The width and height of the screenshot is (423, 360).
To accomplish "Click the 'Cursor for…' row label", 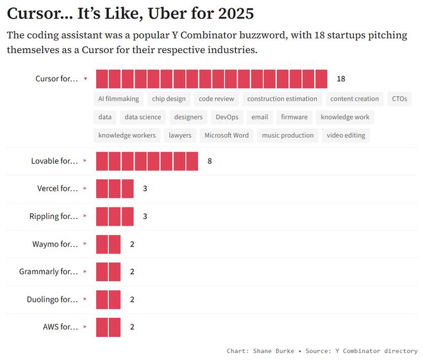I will tap(56, 79).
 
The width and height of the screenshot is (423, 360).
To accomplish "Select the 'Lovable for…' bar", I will tap(147, 161).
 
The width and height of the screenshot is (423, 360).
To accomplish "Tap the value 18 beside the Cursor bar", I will tap(341, 79).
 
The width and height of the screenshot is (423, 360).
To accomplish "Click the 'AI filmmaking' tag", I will tap(119, 99).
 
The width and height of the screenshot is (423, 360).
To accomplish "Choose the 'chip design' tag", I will tap(169, 99).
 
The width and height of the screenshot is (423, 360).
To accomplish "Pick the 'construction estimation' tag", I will tap(282, 99).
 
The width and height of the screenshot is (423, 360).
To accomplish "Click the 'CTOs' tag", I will tap(399, 99).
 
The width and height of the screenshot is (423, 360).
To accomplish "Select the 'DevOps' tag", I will tap(227, 117).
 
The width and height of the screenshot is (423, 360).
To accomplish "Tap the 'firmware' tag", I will tap(294, 117).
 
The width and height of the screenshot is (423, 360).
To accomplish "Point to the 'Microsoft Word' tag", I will tap(226, 135).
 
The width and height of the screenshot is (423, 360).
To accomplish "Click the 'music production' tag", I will tap(288, 135).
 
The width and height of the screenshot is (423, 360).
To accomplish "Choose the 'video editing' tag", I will tap(345, 135).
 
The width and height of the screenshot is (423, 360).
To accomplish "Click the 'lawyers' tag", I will tap(180, 135).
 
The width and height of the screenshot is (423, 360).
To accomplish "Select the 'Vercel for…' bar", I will tap(115, 189).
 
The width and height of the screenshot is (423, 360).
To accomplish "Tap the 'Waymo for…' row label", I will tap(55, 244).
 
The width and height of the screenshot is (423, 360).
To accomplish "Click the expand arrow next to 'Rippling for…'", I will tap(85, 217).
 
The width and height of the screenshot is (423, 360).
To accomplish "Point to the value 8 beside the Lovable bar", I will tap(210, 161).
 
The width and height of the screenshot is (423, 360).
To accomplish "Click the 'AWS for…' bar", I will tap(108, 327).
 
